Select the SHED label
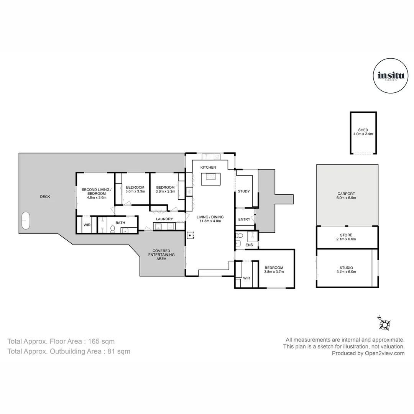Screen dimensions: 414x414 tap(363, 130)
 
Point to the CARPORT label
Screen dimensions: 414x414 tap(346, 194)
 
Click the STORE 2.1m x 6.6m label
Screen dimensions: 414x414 tap(346, 237)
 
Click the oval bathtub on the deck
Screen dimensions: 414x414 tap(26, 220)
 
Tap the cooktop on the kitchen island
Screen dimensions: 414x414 tap(210, 176)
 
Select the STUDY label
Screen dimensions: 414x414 tap(244, 191)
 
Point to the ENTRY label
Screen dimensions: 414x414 tap(244, 219)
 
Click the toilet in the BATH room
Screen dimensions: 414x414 tap(113, 229)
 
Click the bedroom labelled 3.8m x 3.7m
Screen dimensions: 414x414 tap(273, 270)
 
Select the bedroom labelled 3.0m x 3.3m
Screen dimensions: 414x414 tap(135, 189)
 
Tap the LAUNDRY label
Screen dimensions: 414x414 tap(164, 219)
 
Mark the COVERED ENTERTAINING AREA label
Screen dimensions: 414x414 tap(161, 255)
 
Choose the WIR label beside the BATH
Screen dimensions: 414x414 tap(87, 225)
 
